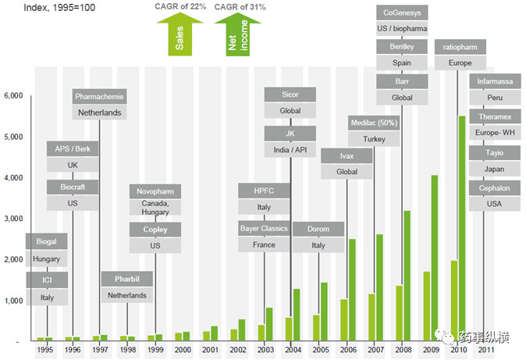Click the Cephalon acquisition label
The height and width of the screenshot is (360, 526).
click(x=495, y=188)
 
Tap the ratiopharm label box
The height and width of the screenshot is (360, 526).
click(x=460, y=46)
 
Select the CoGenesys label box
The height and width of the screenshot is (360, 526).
click(x=402, y=12)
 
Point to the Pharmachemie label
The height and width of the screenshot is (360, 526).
click(x=99, y=96)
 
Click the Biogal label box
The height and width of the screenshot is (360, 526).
click(x=47, y=241)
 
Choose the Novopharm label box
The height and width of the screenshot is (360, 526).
click(x=155, y=191)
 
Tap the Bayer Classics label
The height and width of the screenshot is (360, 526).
click(x=264, y=229)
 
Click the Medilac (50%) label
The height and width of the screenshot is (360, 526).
click(x=374, y=123)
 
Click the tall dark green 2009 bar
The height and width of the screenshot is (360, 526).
click(x=435, y=258)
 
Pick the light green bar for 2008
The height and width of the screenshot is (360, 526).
click(x=399, y=313)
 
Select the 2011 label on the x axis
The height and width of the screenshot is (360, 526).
click(x=484, y=351)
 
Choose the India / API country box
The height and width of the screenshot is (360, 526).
click(x=290, y=150)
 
